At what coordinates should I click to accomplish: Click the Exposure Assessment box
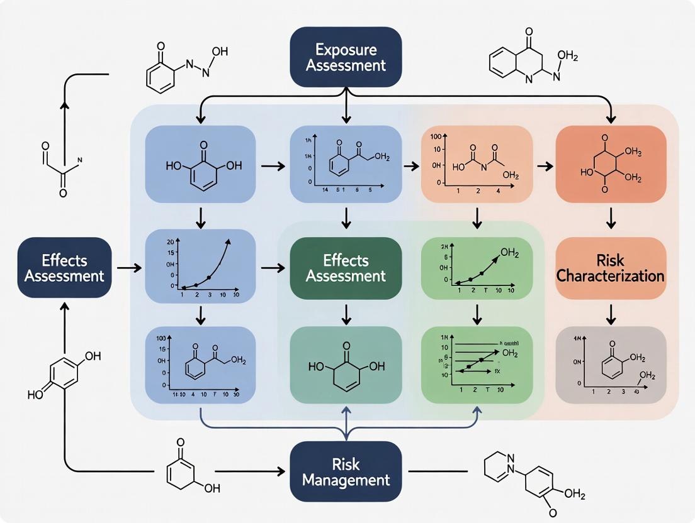point(346,55)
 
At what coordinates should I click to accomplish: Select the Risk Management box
point(346,472)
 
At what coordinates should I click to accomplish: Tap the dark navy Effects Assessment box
point(65,267)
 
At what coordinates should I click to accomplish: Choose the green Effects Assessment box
point(346,267)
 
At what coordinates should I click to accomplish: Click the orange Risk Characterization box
point(610,267)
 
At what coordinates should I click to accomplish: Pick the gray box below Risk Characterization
point(610,365)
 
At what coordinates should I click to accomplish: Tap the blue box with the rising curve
point(200,267)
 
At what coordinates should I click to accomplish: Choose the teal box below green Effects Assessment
point(346,365)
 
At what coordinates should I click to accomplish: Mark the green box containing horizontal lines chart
point(477,365)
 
